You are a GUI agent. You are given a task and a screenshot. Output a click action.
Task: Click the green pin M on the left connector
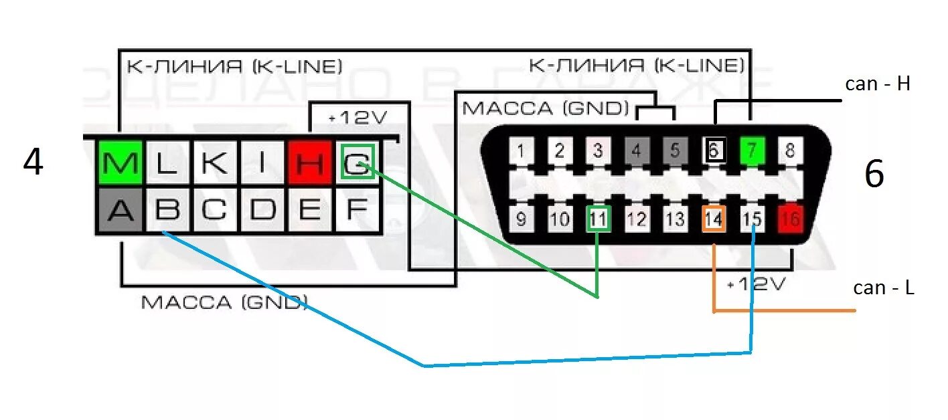point(120,163)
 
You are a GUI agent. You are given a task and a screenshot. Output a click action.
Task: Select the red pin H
point(309,163)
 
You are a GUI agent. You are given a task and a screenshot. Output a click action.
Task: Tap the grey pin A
point(120,210)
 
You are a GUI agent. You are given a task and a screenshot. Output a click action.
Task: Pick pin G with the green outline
point(357,163)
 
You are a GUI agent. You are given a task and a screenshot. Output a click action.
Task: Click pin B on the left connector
point(167,210)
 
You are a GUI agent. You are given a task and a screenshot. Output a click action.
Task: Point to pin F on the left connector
point(357,210)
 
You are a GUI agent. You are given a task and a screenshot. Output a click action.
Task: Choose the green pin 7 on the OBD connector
point(752,150)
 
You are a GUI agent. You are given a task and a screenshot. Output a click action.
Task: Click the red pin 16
point(791,218)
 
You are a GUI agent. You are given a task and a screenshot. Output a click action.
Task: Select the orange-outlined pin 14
point(714,218)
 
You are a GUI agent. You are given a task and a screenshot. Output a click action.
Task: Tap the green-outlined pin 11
point(599,218)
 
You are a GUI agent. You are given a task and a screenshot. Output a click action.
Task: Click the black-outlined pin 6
point(714,150)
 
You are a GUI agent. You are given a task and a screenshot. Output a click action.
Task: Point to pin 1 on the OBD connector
point(520,150)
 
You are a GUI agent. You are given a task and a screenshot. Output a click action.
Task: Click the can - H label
point(878,84)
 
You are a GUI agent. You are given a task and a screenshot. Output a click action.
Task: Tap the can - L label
point(884,288)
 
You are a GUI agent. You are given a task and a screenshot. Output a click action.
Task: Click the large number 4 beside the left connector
point(33,163)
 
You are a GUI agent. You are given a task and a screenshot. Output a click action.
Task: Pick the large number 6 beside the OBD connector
point(874,175)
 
